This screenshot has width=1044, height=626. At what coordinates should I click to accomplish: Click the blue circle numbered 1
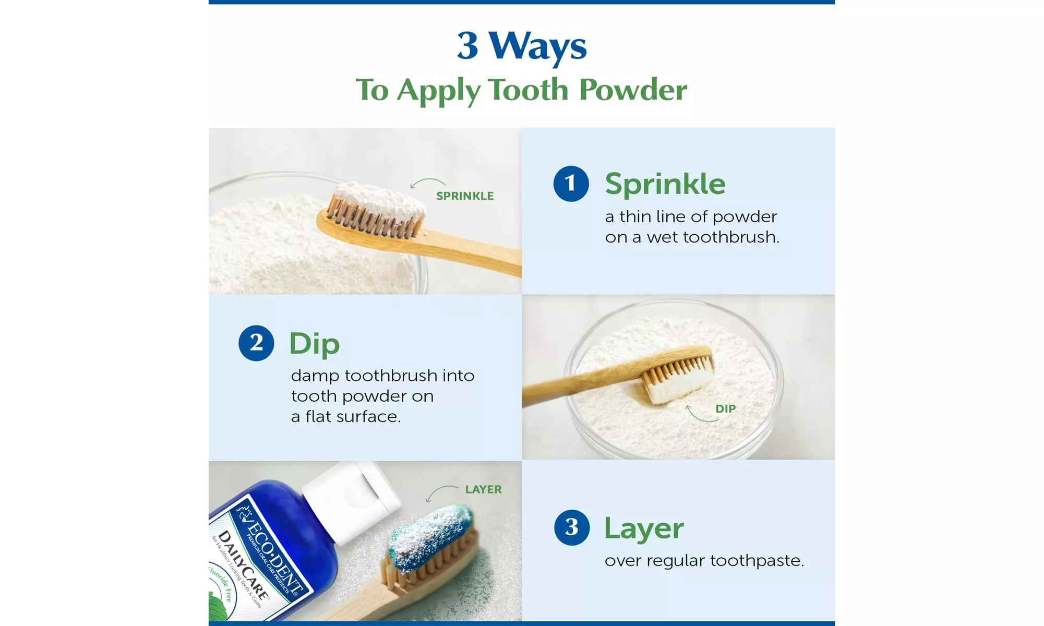571,184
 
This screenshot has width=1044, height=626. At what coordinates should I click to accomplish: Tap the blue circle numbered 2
256,343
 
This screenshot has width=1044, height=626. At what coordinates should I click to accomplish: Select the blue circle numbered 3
572,527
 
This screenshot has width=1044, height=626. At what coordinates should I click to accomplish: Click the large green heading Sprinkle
665,184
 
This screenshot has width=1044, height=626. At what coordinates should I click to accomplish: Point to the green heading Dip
314,343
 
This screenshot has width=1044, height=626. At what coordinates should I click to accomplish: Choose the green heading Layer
643,528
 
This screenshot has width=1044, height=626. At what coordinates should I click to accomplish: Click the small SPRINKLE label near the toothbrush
464,196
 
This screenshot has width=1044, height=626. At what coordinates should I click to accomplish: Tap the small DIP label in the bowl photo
725,408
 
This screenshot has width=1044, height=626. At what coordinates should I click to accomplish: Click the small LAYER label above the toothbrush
483,489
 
